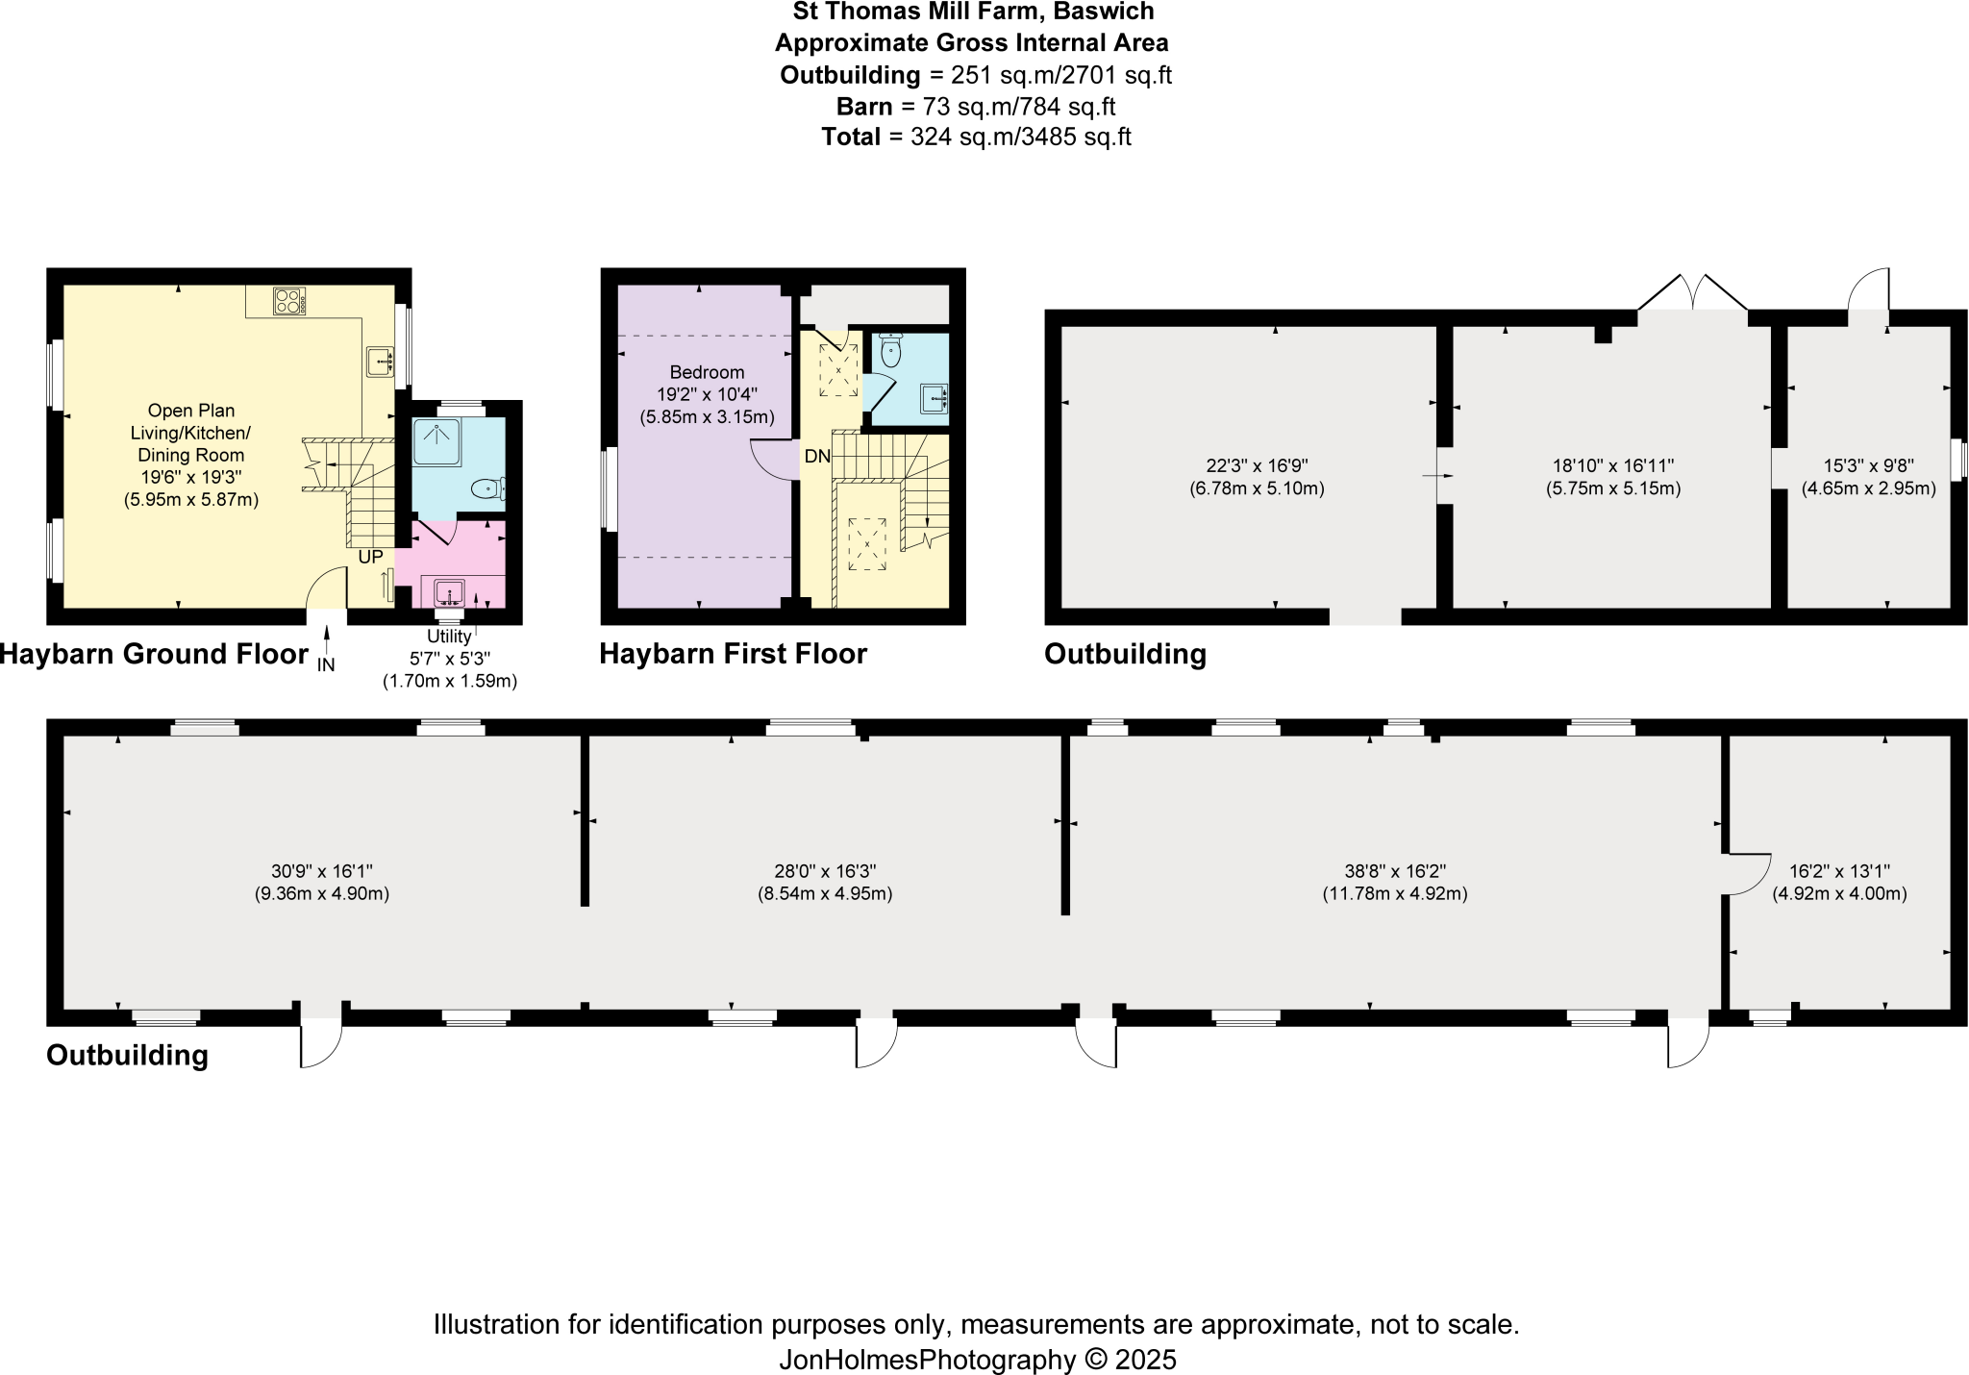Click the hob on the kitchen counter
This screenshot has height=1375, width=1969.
[x=289, y=301]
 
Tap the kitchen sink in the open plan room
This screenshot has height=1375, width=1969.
[x=382, y=362]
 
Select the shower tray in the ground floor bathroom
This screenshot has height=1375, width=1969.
[x=436, y=442]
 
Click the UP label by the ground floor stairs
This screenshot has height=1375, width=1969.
[x=370, y=557]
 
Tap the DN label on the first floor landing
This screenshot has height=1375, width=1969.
[x=817, y=457]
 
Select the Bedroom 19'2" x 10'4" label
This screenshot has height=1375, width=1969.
[x=707, y=394]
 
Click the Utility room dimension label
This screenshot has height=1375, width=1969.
[x=450, y=659]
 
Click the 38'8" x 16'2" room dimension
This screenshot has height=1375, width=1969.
[x=1394, y=882]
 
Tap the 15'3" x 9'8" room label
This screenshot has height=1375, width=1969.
[x=1868, y=477]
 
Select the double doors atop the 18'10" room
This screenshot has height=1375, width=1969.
[x=1692, y=293]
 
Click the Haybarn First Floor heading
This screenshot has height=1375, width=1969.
[x=733, y=654]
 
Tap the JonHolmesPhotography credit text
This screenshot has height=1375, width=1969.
[x=977, y=1359]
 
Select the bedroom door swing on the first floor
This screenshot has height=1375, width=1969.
[x=775, y=459]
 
